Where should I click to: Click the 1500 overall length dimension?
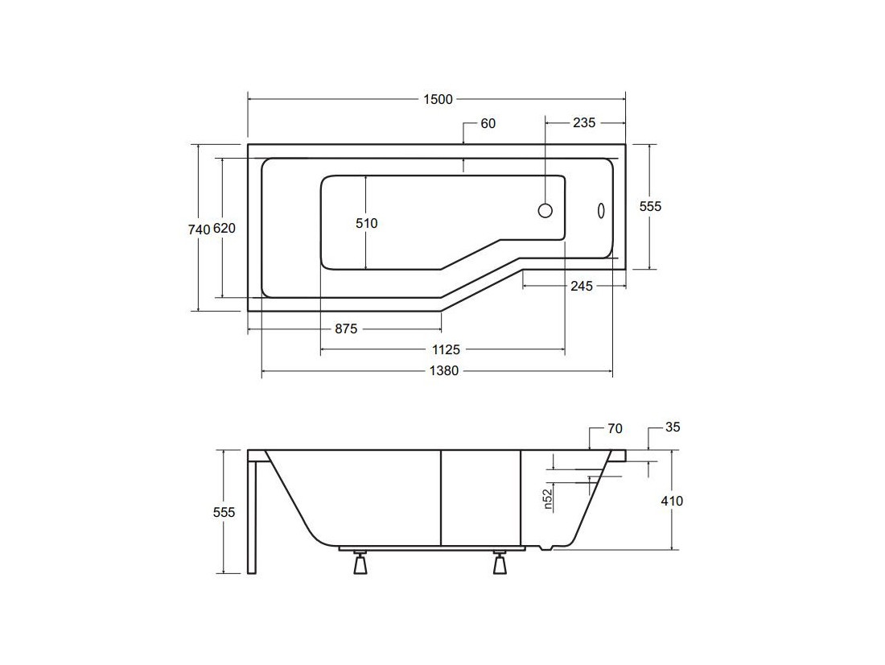tap(438, 100)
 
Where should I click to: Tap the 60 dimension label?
tap(488, 123)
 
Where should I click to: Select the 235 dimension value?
tap(584, 122)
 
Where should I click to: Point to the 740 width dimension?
tap(200, 229)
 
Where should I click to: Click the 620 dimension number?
tap(224, 229)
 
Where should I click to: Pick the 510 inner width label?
tap(366, 223)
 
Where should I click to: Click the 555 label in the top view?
tap(650, 206)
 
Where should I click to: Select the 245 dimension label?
tap(582, 286)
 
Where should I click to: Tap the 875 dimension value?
tap(346, 328)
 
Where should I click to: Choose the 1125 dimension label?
tap(446, 349)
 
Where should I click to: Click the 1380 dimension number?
tap(444, 370)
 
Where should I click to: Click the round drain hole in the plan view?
tap(545, 210)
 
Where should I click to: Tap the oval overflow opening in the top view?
tap(601, 210)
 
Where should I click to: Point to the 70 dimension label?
tap(615, 429)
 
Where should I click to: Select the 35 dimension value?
tap(673, 427)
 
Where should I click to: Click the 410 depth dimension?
tap(672, 501)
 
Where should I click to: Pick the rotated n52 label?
tap(547, 499)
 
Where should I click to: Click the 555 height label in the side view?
tap(224, 512)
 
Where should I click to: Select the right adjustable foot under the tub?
tap(500, 562)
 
